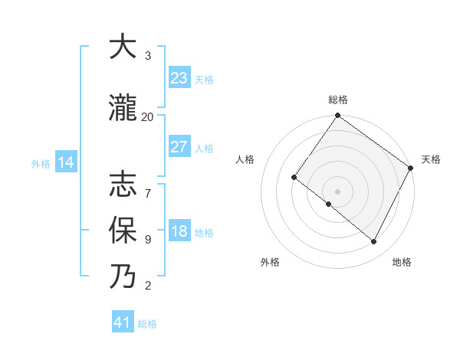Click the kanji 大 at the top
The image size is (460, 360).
coord(123,47)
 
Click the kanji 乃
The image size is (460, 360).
coord(123,277)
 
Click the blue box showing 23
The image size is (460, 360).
coord(179,78)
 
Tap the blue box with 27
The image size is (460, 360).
coord(179,147)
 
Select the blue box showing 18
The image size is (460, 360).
coord(179,231)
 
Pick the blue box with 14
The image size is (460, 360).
coord(66,162)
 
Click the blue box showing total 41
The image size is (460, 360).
coord(123,322)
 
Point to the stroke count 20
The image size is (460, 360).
coord(147,116)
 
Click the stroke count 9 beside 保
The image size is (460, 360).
coord(147,239)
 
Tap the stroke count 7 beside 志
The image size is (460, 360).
coord(147,186)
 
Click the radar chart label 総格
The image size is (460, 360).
coord(337,100)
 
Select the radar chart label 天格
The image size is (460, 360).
coord(431,159)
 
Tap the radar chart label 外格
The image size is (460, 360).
coord(270,262)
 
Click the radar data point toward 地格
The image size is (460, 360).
coord(374,241)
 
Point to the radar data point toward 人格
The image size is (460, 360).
coord(294,178)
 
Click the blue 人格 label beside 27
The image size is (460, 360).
coord(204,149)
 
